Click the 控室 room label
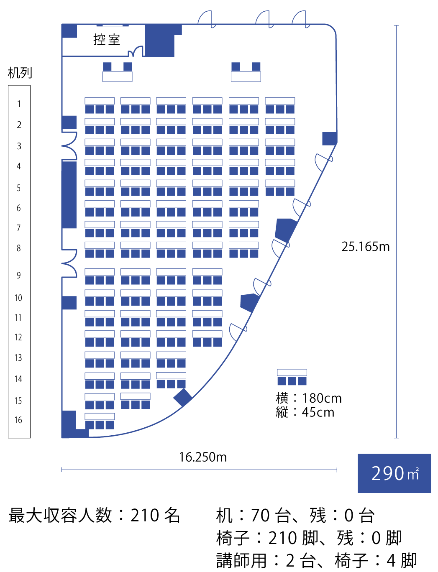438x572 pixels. coord(107,40)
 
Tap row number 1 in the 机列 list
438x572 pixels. coord(19,104)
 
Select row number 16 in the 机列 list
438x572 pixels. coord(18,420)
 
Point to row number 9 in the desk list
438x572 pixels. coord(19,275)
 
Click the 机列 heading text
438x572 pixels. coord(20,73)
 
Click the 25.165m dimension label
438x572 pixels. coord(365,247)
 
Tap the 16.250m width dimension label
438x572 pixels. coord(203,457)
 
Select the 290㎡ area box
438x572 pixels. coord(394,473)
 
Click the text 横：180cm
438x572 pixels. coord(309,398)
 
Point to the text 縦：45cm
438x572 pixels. coord(305,412)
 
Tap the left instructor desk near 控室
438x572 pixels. coord(118,77)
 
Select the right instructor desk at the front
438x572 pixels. coord(246,77)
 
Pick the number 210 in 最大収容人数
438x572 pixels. coord(144,516)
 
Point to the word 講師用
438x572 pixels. coord(241,561)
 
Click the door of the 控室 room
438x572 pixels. coord(136,52)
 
